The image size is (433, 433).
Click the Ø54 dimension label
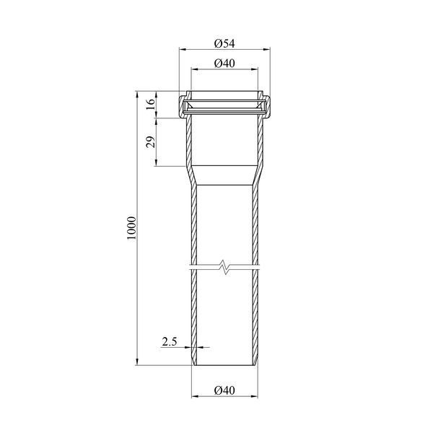[x=224, y=43]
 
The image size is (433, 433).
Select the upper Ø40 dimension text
[x=224, y=64]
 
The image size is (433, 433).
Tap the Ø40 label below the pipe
[x=224, y=390]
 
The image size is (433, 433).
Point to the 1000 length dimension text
[x=132, y=228]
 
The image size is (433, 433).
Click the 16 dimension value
[x=151, y=104]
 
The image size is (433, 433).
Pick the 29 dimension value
[x=151, y=142]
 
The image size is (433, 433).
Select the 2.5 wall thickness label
[x=169, y=342]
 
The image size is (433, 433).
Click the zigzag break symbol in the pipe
[x=226, y=267]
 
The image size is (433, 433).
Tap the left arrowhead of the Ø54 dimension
[x=183, y=49]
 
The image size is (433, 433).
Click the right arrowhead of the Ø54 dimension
[x=267, y=49]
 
